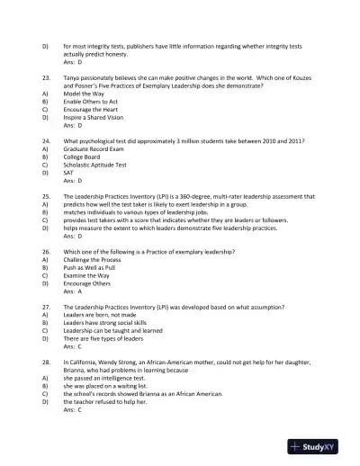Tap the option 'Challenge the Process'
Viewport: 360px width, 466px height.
point(96,260)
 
